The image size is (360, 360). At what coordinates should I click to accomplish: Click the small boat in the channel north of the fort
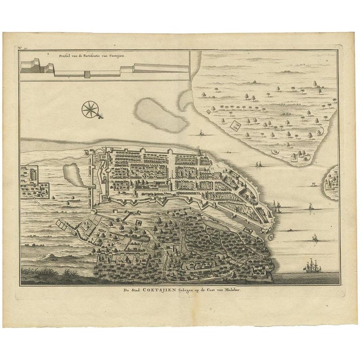tap(200, 134)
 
